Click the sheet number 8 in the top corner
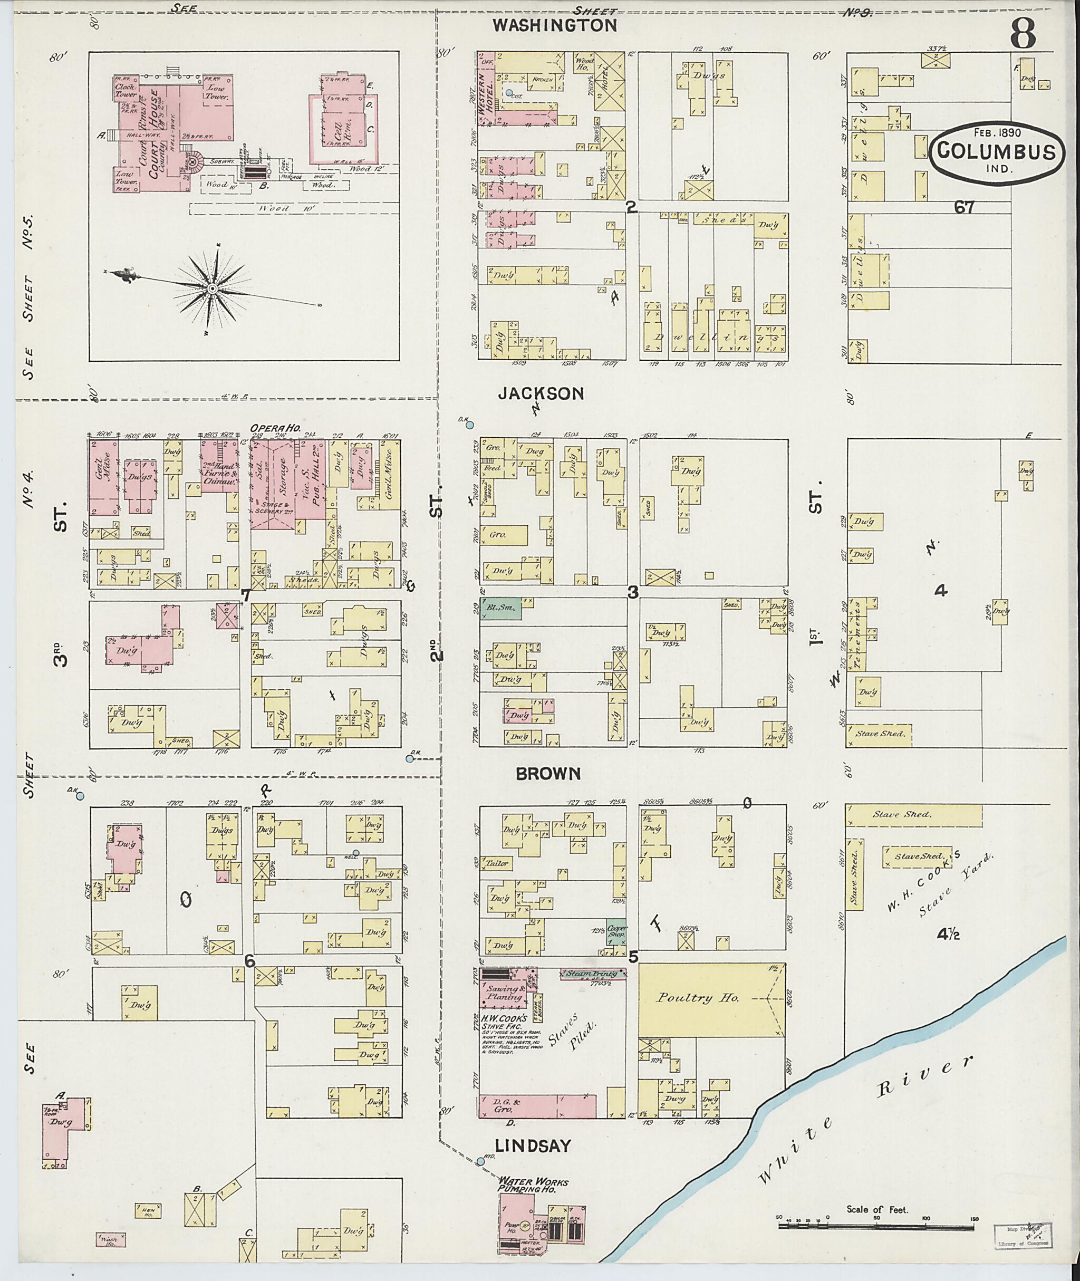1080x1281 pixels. (1023, 34)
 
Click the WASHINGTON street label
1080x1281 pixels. (555, 25)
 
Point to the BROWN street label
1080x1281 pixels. (548, 773)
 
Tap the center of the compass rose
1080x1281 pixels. (212, 288)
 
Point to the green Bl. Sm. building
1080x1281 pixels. (500, 609)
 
